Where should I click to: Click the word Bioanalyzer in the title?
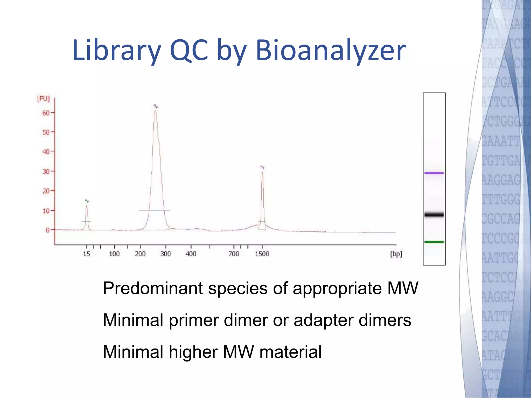331,51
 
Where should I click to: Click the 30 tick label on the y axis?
46,171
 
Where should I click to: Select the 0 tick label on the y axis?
48,230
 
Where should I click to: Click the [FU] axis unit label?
43,98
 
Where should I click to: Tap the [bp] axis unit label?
396,254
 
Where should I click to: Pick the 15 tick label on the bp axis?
87,254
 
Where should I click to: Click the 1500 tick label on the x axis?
262,254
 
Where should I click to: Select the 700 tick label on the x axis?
234,254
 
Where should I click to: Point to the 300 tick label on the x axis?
165,254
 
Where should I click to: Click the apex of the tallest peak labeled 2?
155,111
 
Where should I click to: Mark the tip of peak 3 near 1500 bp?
262,172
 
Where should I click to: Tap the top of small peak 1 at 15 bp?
87,206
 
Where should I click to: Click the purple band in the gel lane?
434,173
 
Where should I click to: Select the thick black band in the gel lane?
434,215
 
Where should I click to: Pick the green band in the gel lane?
434,242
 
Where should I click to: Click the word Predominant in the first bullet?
153,288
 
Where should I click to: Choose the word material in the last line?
290,352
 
